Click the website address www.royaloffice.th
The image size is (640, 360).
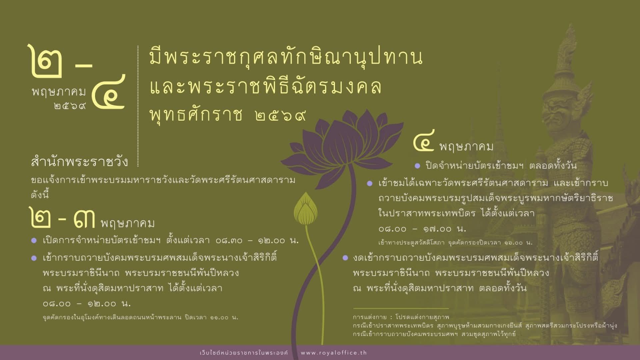(334, 353)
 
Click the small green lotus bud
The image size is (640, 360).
(305, 210)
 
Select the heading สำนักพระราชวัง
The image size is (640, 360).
(79, 162)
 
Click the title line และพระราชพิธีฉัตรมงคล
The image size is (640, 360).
(265, 87)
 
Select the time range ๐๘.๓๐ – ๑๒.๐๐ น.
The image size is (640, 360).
(257, 241)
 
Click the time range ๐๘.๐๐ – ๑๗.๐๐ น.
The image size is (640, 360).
(422, 229)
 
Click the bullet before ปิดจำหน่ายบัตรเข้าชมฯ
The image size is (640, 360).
(417, 166)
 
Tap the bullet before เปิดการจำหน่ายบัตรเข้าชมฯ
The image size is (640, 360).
(34, 241)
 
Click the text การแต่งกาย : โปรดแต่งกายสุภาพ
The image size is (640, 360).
(401, 317)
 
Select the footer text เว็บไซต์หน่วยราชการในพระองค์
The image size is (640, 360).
(244, 353)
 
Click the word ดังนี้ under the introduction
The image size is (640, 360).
(40, 195)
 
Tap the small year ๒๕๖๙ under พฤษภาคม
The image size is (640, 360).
(69, 106)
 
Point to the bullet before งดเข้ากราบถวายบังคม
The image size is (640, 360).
(346, 258)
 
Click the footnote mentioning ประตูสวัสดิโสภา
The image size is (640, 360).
(455, 243)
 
